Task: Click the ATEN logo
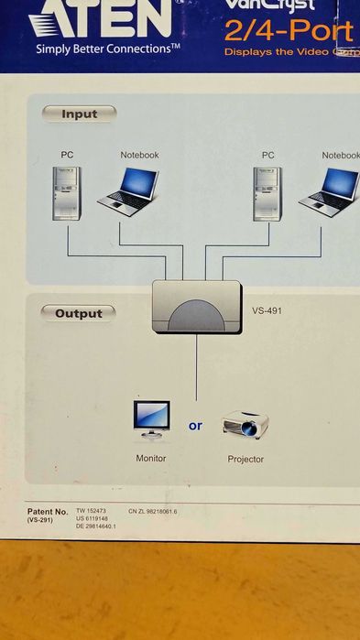coord(100,17)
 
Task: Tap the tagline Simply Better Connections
coord(108,49)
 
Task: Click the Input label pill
coord(80,114)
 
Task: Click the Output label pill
coord(79,313)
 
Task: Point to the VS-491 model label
coord(267,310)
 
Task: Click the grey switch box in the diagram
coord(196,307)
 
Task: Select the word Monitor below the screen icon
coord(151,458)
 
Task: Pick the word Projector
coord(245,459)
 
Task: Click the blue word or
coord(196,426)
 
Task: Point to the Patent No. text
coord(48,511)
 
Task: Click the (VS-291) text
coord(40,520)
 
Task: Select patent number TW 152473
coord(92,511)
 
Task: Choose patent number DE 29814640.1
coord(97,526)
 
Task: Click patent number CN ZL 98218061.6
coord(153,511)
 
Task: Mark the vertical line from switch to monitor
coord(196,366)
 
